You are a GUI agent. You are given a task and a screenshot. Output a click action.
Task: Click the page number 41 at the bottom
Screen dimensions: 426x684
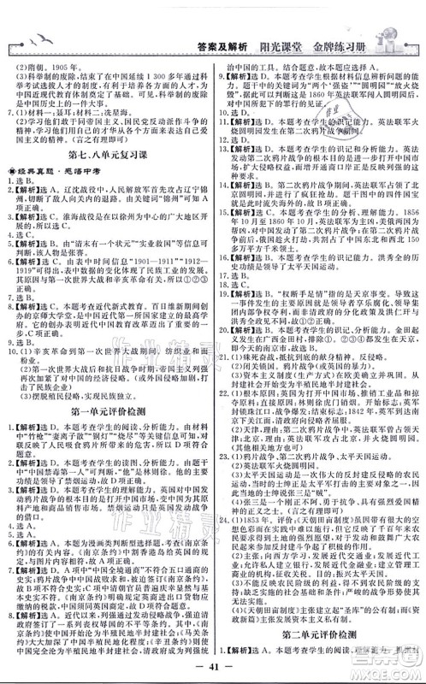(x=213, y=669)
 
